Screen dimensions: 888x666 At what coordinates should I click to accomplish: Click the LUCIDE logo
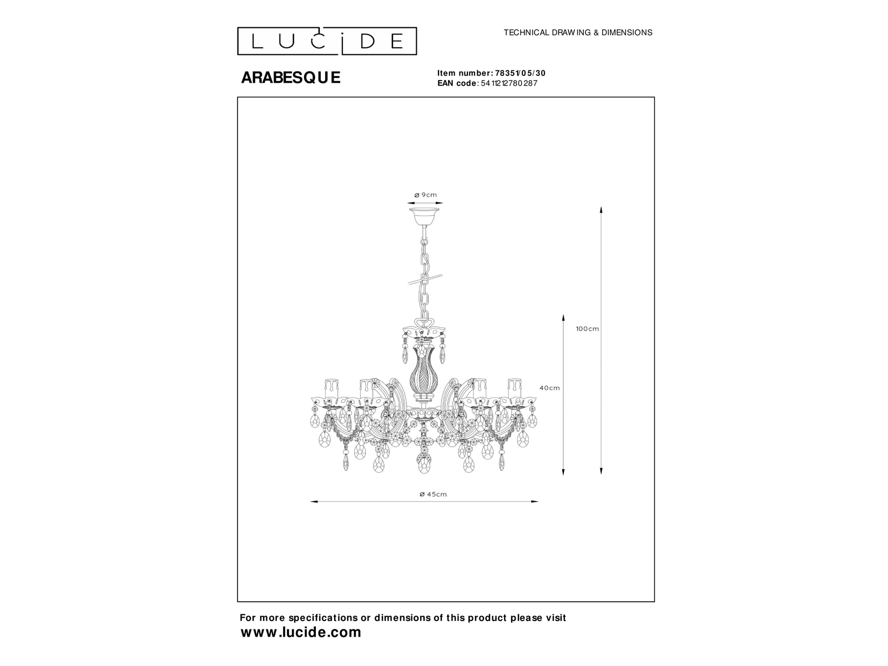327,41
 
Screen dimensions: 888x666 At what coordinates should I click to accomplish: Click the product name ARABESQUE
291,77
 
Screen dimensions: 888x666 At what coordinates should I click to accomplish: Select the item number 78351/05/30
520,73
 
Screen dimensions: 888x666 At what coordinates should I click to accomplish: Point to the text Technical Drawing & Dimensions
578,33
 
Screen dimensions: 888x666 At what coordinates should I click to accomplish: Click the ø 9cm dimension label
425,195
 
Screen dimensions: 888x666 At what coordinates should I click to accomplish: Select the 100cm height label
587,329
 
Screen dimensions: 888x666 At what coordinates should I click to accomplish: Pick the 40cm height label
549,388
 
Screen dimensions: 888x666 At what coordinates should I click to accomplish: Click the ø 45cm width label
433,494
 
